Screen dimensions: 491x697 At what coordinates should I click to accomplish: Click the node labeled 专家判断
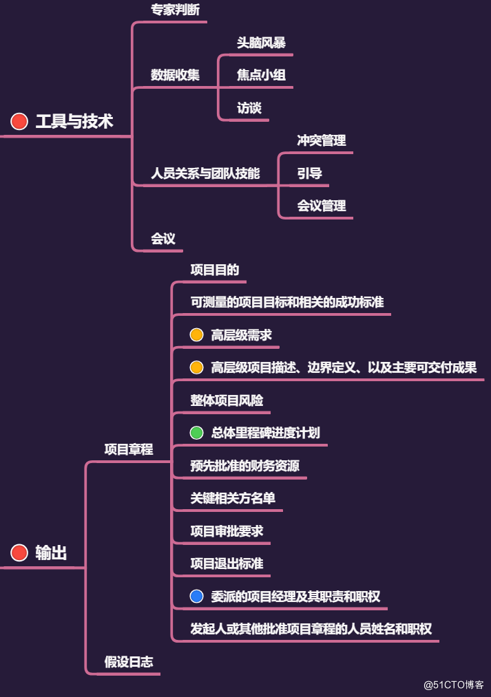[175, 10]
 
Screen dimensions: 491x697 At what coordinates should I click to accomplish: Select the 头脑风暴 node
[261, 42]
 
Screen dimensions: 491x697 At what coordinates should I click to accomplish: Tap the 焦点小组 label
[261, 75]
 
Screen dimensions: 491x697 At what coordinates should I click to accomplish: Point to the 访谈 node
[249, 108]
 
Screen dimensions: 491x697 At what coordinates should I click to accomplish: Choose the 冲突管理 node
[321, 140]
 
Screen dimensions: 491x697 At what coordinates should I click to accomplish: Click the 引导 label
[309, 173]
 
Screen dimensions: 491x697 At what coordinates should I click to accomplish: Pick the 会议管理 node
[321, 206]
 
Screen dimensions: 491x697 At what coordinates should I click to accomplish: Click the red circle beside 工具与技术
[19, 122]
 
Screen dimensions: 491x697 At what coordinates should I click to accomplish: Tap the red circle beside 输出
[19, 553]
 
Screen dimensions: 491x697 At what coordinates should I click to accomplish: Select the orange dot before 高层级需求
[197, 335]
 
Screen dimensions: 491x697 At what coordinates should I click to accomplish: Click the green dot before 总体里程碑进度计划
[197, 433]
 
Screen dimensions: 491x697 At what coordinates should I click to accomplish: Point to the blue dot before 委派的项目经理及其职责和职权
[197, 596]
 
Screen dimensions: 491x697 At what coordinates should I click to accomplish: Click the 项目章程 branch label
[129, 449]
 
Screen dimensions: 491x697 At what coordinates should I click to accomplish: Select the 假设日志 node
[129, 662]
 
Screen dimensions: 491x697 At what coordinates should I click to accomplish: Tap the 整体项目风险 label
[227, 400]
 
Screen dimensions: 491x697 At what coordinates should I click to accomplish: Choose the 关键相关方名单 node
[233, 498]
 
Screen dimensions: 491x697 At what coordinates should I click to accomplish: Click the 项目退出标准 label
[227, 564]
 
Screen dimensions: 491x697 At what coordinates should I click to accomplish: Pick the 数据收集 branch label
[175, 75]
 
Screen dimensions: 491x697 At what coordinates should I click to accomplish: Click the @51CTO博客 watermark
[453, 685]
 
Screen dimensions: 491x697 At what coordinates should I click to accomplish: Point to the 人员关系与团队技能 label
[205, 173]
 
